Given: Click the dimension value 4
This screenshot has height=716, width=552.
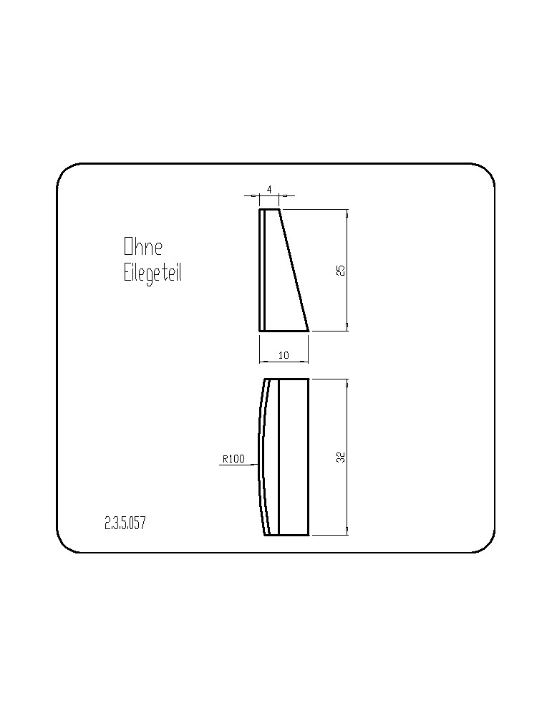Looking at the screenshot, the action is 269,189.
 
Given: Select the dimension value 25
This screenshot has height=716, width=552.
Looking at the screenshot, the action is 340,271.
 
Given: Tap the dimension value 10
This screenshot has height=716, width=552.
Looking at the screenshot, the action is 284,355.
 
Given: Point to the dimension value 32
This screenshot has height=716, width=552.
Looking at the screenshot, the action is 340,457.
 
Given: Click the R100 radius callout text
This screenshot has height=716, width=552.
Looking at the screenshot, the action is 234,459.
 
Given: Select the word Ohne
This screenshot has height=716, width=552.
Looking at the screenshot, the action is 143,246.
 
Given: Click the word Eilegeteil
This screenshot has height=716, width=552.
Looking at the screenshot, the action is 152,273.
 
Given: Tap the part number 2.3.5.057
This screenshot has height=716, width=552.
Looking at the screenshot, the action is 125,523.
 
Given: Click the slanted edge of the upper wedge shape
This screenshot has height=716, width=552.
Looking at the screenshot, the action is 294,270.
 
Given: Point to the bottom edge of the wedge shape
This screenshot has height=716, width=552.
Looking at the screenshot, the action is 284,330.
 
